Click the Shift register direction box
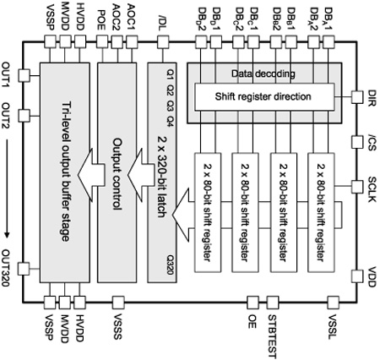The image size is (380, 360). coord(264,96)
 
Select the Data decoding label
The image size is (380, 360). coord(263,74)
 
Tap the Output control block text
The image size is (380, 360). coord(117,174)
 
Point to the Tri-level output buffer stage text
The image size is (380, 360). coord(66,172)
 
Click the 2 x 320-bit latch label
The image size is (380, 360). coord(161,177)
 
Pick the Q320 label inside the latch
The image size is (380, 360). coord(171,265)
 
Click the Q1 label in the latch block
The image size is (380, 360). coord(171,74)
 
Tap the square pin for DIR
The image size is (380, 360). coord(357,97)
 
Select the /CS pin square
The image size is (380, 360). coord(357,142)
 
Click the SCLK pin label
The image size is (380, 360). coord(372,189)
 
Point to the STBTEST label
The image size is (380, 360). coord(272,336)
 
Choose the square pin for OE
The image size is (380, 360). coord(252,303)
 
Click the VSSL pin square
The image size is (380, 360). coord(334,303)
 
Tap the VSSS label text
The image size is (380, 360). coord(117,327)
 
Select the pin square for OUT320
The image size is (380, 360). coord(24,269)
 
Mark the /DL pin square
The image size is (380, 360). coord(163,42)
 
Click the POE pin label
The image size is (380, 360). coord(101,20)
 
